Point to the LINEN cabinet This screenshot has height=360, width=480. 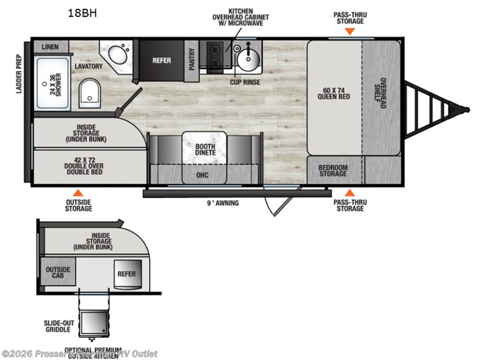pyautogui.click(x=50, y=46)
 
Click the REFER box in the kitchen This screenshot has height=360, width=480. pyautogui.click(x=161, y=60)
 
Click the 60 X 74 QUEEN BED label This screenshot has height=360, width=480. pyautogui.click(x=334, y=94)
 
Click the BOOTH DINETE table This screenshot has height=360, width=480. pyautogui.click(x=205, y=148)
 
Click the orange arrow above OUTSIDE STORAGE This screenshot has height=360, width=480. pyautogui.click(x=77, y=193)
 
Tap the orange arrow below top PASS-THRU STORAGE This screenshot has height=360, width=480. pyautogui.click(x=350, y=29)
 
